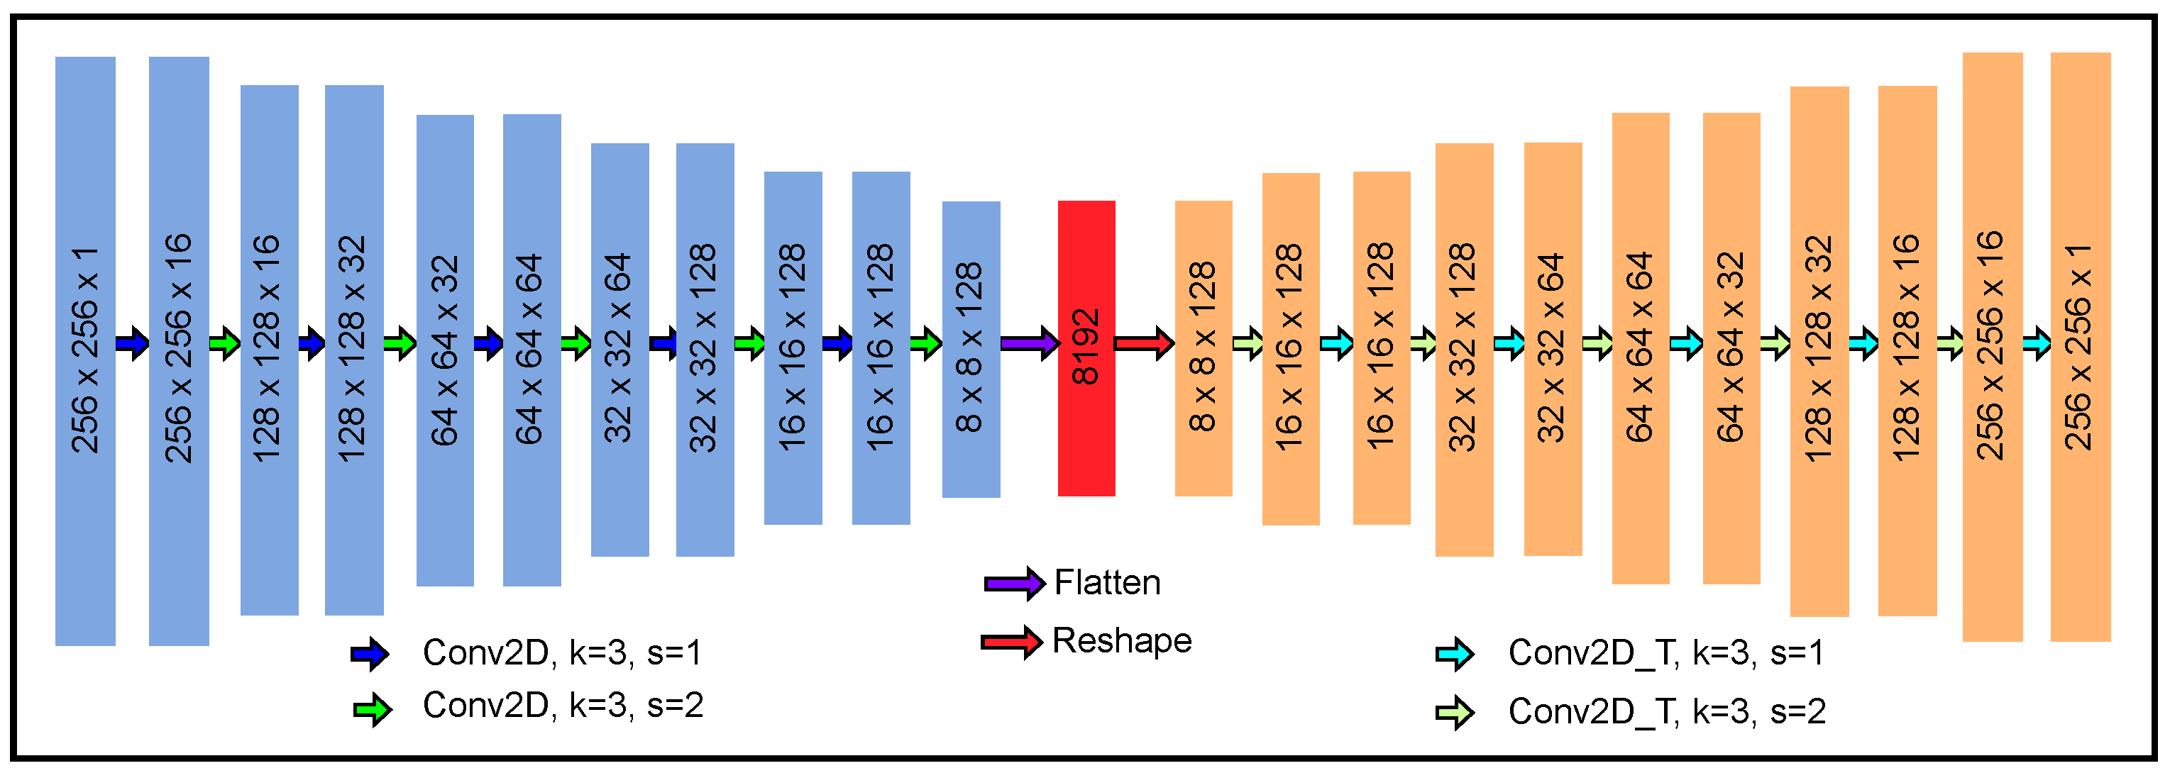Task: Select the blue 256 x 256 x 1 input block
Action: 85,350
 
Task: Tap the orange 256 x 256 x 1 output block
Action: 2079,346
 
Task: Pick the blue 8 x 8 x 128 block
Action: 971,349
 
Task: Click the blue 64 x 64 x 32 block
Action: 445,350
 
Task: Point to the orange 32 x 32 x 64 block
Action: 1552,349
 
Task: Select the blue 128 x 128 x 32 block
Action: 354,350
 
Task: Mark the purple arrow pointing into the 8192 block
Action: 1030,343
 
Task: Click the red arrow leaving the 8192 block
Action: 1144,343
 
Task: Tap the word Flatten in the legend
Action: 1107,583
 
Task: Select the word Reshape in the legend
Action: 1122,641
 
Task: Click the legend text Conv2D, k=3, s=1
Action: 562,652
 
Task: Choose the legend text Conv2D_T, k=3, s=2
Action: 1666,711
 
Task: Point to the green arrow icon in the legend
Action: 372,710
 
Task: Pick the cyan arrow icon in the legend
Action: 1455,655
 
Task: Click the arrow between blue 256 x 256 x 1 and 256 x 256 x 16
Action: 132,343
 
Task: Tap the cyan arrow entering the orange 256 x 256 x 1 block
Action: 2037,343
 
